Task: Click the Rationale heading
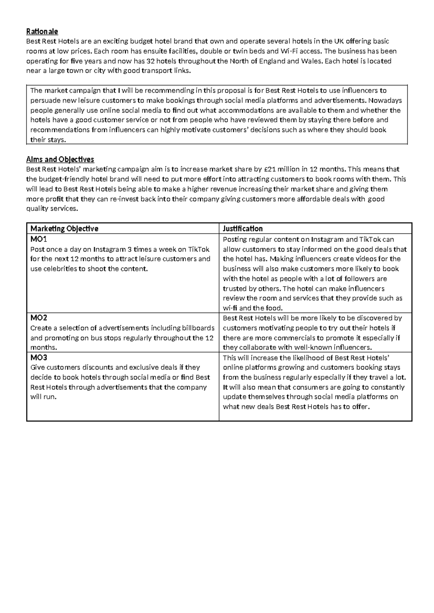click(x=42, y=31)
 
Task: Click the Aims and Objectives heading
click(x=60, y=159)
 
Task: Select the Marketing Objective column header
click(x=64, y=228)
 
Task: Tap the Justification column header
click(x=243, y=228)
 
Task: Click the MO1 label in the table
click(x=39, y=239)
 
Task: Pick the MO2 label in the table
click(x=39, y=318)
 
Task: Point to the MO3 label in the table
click(x=39, y=357)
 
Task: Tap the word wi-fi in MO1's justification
click(x=230, y=308)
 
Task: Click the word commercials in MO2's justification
click(x=294, y=338)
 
